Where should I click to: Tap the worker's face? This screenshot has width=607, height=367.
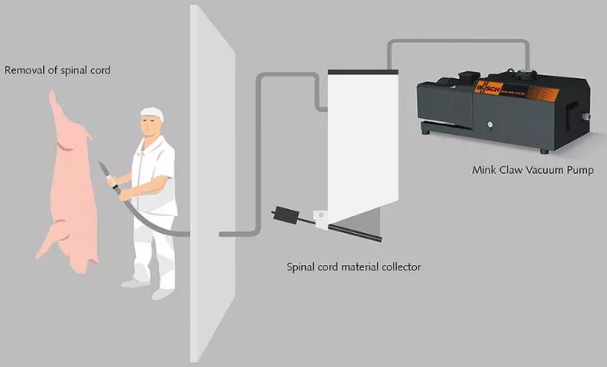point(149,127)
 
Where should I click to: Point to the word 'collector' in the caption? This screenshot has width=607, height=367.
point(398,266)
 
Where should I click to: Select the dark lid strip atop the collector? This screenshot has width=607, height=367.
point(363,72)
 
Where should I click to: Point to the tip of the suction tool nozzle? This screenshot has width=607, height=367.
point(101,164)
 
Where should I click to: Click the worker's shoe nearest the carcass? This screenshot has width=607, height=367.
point(133,282)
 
